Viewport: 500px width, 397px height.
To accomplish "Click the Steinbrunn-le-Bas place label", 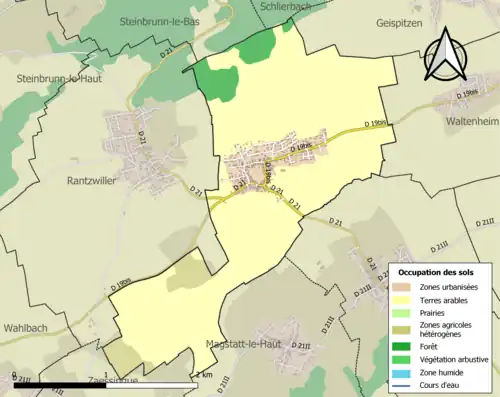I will point(164,21).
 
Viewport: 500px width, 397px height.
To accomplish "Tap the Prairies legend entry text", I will point(434,313).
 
